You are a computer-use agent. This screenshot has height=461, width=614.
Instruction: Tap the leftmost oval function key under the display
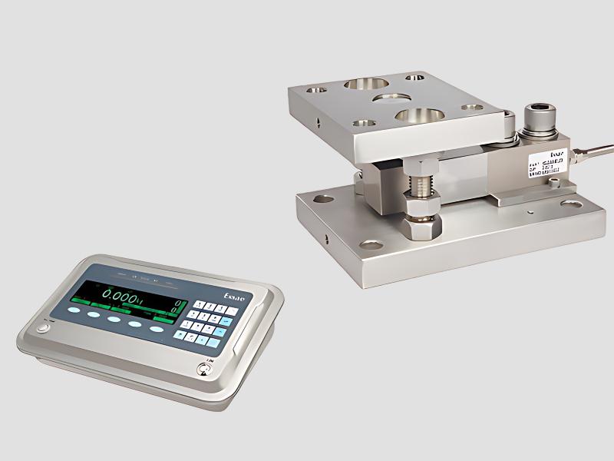click(73, 310)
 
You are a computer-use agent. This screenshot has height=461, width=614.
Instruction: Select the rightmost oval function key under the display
click(157, 329)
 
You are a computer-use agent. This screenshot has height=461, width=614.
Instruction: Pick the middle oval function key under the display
click(114, 319)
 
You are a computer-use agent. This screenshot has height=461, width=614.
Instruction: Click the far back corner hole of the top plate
click(414, 77)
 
